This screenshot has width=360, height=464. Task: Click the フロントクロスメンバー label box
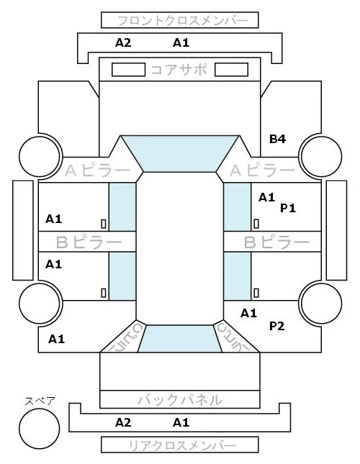pyautogui.click(x=180, y=20)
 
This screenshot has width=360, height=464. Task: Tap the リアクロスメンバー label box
pyautogui.click(x=180, y=445)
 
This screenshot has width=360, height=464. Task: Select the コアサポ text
pyautogui.click(x=179, y=70)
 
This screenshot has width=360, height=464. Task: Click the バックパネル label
pyautogui.click(x=180, y=400)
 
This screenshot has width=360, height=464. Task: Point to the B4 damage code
pyautogui.click(x=277, y=139)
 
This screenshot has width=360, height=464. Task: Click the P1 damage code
pyautogui.click(x=288, y=209)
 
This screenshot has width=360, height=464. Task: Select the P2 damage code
pyautogui.click(x=276, y=326)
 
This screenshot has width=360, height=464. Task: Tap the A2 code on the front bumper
pyautogui.click(x=123, y=43)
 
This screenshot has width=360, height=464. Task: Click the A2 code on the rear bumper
pyautogui.click(x=123, y=422)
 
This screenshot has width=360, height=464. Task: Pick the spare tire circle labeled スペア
pyautogui.click(x=40, y=429)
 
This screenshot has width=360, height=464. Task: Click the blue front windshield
pyautogui.click(x=180, y=153)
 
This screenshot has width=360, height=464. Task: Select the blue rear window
pyautogui.click(x=180, y=339)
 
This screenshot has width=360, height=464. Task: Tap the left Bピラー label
pyautogui.click(x=89, y=242)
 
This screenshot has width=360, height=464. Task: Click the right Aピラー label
pyautogui.click(x=262, y=170)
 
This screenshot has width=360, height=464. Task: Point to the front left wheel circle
pyautogui.click(x=40, y=156)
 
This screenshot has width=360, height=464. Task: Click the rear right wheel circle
pyautogui.click(x=322, y=303)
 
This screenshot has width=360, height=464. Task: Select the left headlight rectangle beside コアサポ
pyautogui.click(x=128, y=70)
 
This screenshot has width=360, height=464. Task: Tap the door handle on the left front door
pyautogui.click(x=104, y=224)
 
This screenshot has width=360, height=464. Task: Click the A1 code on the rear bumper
pyautogui.click(x=181, y=422)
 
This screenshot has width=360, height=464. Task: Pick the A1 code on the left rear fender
pyautogui.click(x=56, y=339)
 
